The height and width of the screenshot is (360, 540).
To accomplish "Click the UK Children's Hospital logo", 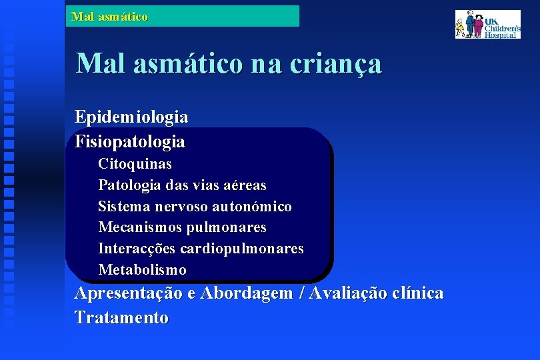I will (x=487, y=24).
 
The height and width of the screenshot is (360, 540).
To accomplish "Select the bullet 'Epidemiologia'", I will (x=131, y=117).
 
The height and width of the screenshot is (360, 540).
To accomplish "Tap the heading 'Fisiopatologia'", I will (x=130, y=142).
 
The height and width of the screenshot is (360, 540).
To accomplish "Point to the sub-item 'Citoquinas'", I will (x=135, y=164).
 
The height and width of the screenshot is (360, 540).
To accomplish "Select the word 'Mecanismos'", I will (x=140, y=228).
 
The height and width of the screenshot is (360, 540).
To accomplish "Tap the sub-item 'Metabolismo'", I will (x=142, y=270).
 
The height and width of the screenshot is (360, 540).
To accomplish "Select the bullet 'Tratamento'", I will (x=121, y=318).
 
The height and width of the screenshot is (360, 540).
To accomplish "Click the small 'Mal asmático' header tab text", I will (x=109, y=16).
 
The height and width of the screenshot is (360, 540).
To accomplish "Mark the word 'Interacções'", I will (x=137, y=249).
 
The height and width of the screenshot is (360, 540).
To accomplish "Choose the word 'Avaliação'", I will (x=346, y=293).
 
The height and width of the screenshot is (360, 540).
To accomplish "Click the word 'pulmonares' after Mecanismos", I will (x=226, y=228).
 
